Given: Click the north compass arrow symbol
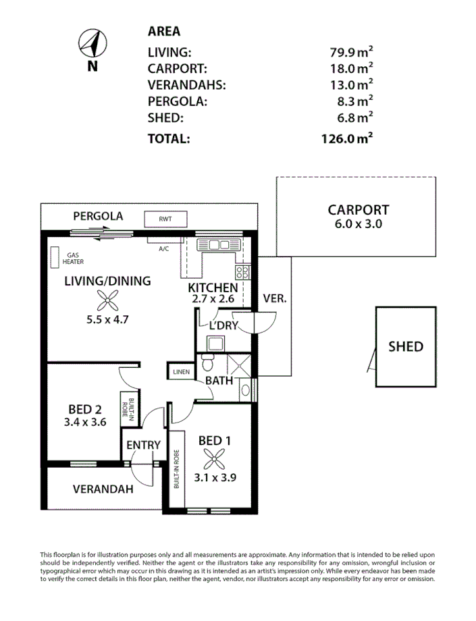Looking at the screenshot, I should [92, 45].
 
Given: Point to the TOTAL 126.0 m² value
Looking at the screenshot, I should [348, 139].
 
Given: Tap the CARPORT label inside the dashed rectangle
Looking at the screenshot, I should [358, 210].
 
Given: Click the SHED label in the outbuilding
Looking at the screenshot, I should [406, 347].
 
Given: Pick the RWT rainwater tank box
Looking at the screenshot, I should [165, 219].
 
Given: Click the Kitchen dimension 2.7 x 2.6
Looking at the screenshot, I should [213, 300].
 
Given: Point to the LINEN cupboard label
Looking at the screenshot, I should [180, 372].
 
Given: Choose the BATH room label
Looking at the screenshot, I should [219, 381].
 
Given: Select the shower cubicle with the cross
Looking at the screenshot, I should [237, 365].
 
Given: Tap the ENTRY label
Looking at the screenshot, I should [144, 445].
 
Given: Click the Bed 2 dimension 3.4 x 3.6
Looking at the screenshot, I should [84, 423].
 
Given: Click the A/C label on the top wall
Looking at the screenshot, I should [163, 248].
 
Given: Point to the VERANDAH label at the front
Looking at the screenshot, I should [103, 489].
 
